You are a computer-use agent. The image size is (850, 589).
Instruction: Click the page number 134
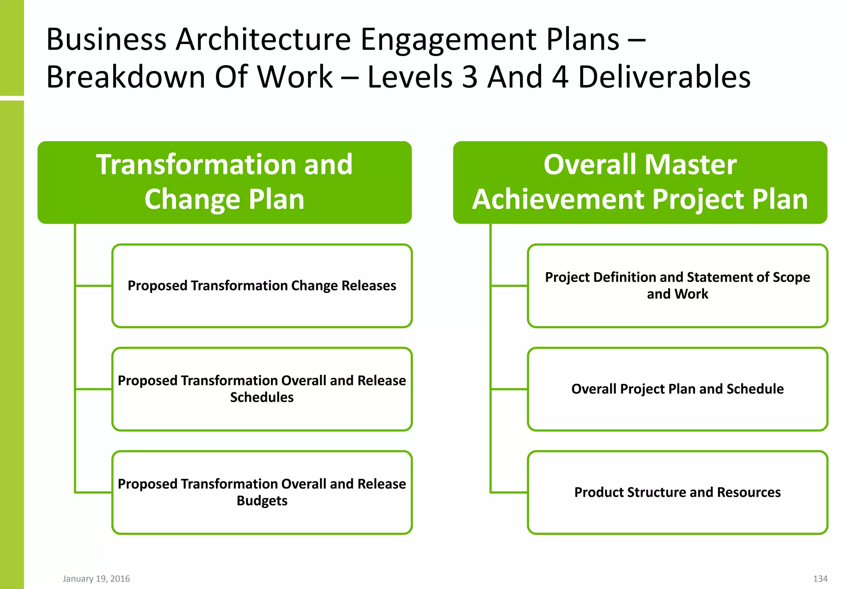820,579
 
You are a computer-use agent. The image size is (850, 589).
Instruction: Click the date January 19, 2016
96,579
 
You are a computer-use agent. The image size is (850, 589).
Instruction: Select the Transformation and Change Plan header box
225,182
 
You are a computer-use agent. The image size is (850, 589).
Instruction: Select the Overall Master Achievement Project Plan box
640,182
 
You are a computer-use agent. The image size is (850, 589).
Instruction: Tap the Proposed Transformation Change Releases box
262,286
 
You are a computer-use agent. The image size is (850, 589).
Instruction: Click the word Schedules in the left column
262,398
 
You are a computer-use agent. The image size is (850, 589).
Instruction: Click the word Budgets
262,501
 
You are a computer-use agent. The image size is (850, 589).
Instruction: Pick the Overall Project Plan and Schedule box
677,389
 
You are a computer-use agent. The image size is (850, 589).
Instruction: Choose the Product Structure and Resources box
677,492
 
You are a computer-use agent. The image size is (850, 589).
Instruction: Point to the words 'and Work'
677,294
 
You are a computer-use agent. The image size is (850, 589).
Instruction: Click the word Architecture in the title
263,39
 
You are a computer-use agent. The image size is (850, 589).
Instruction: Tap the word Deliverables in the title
664,77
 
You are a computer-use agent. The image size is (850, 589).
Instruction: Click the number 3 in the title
469,77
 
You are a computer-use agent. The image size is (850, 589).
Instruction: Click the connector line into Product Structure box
509,493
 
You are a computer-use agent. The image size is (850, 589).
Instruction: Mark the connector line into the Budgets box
93,493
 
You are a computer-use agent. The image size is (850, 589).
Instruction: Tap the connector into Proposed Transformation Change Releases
93,286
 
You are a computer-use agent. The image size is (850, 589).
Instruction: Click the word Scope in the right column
791,277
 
